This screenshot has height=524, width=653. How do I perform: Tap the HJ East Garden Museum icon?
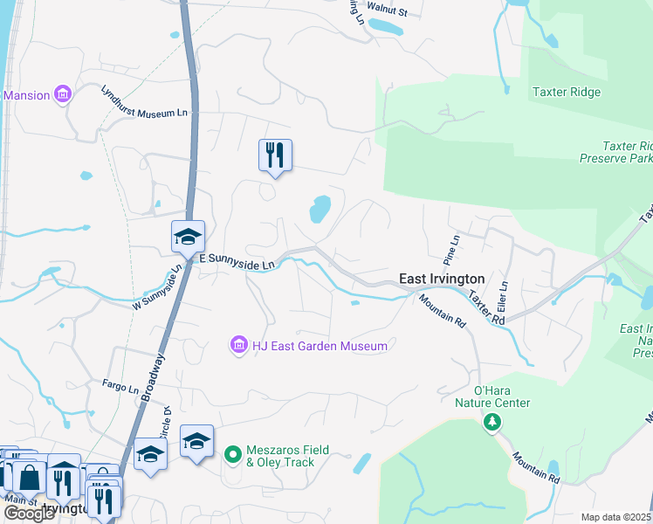click(238, 347)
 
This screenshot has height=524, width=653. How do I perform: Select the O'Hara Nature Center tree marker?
click(492, 423)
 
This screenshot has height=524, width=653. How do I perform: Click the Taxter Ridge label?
click(567, 93)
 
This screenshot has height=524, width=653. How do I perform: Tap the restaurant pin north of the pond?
click(275, 155)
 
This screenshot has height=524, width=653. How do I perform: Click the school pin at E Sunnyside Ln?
click(188, 237)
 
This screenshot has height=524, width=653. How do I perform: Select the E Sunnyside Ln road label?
click(237, 260)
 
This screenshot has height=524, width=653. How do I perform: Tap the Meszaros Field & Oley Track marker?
click(232, 455)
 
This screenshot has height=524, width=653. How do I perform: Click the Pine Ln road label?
click(451, 250)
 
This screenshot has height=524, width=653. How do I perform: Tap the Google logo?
click(29, 514)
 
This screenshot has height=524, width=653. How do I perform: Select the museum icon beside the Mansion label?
click(63, 94)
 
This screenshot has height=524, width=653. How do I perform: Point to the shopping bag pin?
click(30, 478)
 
